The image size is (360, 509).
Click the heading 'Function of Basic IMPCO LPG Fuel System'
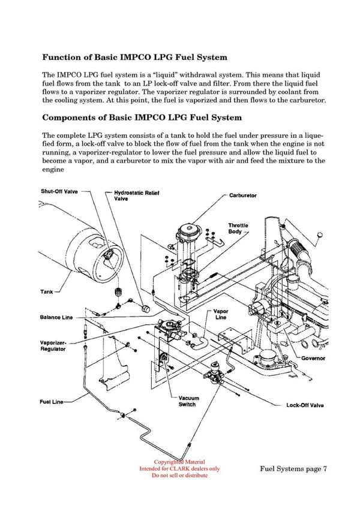click(134, 58)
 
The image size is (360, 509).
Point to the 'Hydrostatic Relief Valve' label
click(140, 196)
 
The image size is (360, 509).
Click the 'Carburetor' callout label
click(243, 195)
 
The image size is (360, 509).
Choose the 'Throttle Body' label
click(238, 228)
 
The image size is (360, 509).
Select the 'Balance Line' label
click(56, 317)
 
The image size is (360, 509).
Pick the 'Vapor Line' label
click(220, 315)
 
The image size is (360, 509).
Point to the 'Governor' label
click(313, 358)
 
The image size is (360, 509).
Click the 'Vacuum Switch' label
click(188, 401)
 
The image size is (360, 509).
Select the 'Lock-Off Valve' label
click(305, 405)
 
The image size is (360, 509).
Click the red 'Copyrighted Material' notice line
click(179, 462)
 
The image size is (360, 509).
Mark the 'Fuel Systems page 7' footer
click(293, 469)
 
